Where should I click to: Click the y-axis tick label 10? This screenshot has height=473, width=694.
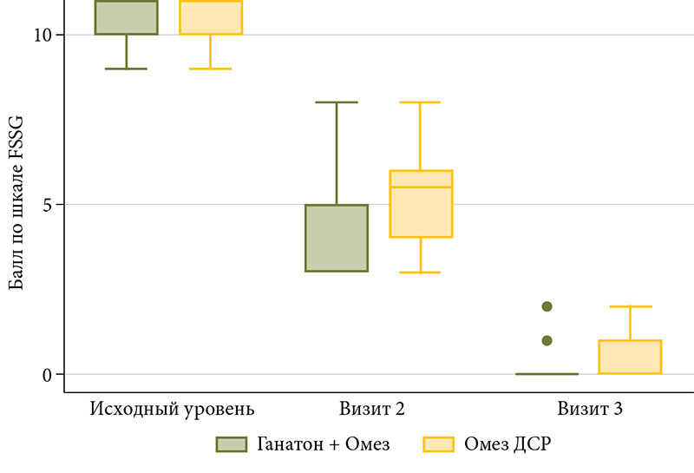click(43, 35)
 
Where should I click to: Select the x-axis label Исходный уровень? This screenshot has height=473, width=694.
click(172, 407)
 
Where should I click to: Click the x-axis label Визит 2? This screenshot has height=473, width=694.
click(370, 407)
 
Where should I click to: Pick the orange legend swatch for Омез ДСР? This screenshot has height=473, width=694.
click(439, 444)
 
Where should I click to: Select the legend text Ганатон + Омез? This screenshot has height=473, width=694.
click(323, 444)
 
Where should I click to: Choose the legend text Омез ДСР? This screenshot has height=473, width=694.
click(508, 444)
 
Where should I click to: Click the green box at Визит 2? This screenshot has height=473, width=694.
click(336, 238)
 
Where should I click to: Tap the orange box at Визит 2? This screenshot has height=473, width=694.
click(421, 204)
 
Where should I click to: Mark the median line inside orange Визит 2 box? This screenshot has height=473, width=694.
click(421, 187)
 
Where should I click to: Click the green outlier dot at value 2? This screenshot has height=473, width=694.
click(547, 306)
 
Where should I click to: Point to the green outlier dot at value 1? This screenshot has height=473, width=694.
click(547, 340)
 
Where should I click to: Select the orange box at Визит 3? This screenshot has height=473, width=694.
click(631, 357)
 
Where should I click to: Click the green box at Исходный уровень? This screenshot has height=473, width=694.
click(127, 17)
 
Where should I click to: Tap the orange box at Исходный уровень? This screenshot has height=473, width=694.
click(211, 17)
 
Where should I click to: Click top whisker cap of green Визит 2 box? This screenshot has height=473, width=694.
click(336, 102)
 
